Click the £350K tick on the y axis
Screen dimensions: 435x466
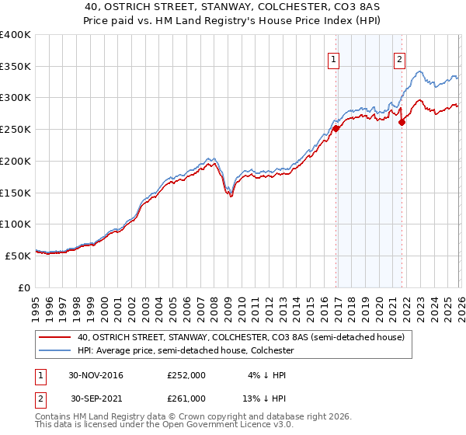(16, 67)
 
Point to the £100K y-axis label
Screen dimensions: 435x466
(16, 224)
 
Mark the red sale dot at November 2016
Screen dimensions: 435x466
(336, 129)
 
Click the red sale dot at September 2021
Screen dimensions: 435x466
(402, 121)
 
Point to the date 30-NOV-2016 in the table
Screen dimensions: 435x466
(96, 374)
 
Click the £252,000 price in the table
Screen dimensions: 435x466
(186, 374)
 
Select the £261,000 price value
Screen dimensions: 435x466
(186, 398)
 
